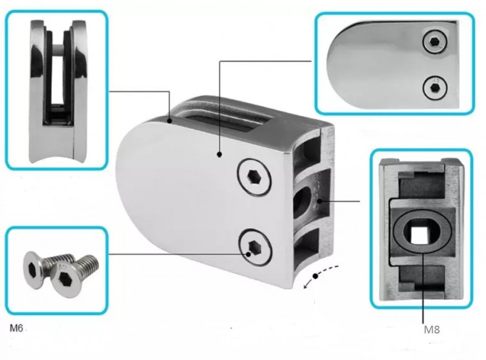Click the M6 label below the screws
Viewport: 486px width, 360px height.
[16, 328]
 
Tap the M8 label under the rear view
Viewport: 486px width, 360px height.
[432, 330]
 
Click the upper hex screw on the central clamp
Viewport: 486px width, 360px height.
[255, 177]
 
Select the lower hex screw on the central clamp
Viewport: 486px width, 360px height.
[255, 247]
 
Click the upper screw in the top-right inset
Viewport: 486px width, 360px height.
[436, 42]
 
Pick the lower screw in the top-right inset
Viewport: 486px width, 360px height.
[435, 88]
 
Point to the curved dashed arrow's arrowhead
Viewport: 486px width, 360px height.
[306, 286]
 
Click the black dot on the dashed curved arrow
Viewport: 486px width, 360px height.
[316, 276]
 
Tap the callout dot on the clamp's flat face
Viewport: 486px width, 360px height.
[219, 154]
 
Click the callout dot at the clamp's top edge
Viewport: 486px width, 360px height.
[169, 121]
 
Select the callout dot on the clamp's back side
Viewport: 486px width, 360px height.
[320, 201]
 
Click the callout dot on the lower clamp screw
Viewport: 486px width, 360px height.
[248, 254]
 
